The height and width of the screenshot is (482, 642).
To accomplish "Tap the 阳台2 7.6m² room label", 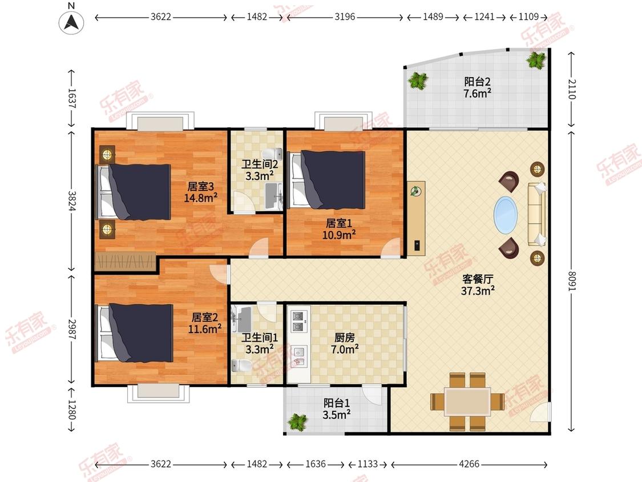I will click(478, 87).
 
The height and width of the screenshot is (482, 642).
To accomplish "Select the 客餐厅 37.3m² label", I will click(477, 285).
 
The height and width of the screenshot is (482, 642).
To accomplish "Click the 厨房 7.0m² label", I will click(342, 343).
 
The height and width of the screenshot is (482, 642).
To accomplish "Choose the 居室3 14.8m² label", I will click(200, 192).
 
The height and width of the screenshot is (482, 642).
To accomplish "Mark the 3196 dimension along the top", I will click(345, 17).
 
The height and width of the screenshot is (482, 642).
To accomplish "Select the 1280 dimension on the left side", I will click(72, 410).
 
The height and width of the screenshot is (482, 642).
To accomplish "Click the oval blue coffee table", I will click(506, 215).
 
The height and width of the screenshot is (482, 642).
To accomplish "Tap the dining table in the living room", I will click(467, 401).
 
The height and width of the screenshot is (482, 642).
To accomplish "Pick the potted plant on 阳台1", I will click(297, 422).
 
